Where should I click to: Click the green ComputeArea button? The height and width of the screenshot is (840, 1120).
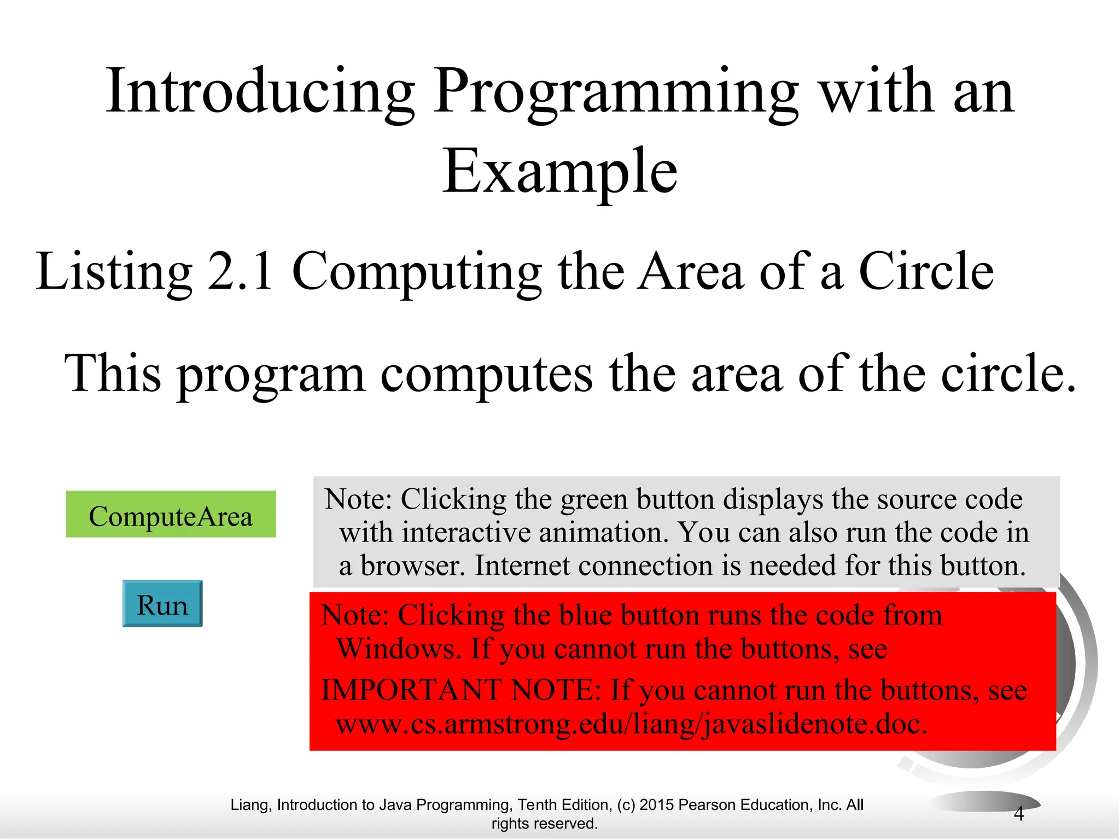tap(171, 515)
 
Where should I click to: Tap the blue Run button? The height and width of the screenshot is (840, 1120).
tap(162, 604)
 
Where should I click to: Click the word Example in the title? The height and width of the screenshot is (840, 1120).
tap(559, 172)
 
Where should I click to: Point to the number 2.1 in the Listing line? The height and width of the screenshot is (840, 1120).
tap(241, 271)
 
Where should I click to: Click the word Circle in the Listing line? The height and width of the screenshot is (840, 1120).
tap(925, 271)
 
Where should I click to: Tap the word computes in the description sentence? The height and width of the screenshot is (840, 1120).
tap(486, 374)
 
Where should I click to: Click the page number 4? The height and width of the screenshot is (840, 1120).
tap(1018, 814)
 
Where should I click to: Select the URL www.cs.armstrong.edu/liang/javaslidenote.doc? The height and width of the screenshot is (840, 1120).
tap(631, 724)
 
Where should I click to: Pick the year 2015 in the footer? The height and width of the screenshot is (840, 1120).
tap(657, 805)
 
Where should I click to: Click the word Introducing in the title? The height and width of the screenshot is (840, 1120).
tap(259, 92)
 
